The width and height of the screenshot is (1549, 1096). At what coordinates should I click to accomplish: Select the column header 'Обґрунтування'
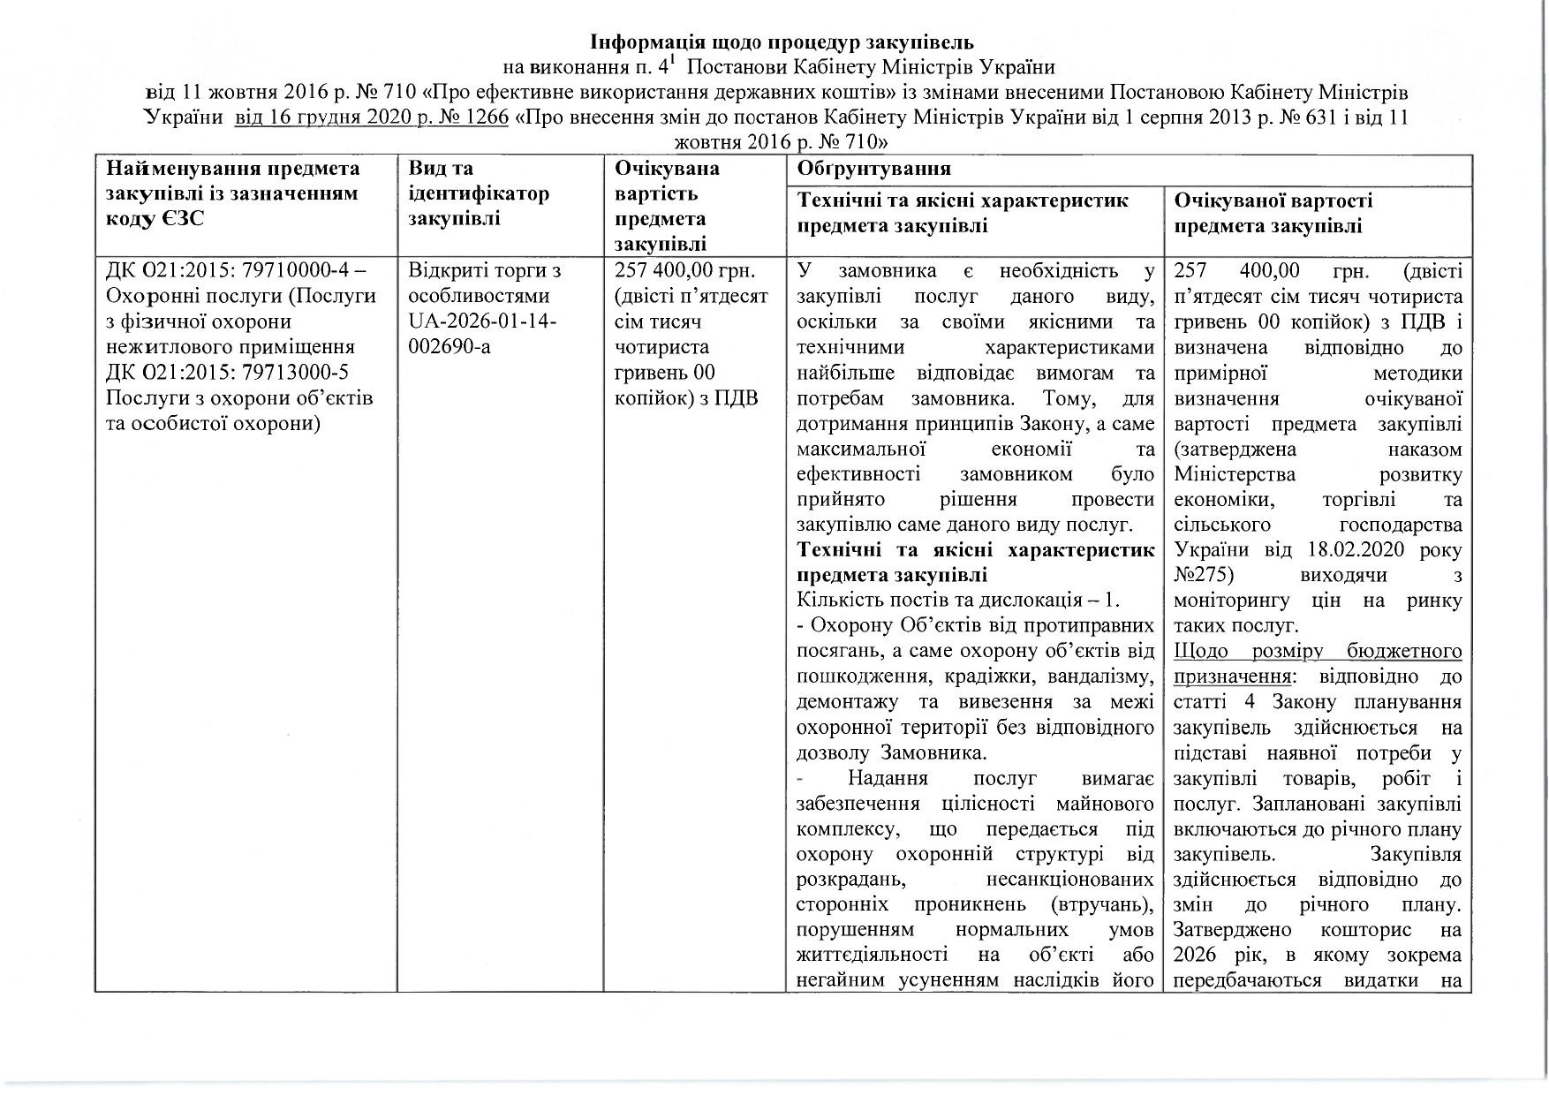pyautogui.click(x=873, y=169)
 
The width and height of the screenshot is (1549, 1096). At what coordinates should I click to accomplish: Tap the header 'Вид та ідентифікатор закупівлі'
pyautogui.click(x=479, y=193)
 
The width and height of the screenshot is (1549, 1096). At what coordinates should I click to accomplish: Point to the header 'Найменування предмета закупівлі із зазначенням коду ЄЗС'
pyautogui.click(x=233, y=193)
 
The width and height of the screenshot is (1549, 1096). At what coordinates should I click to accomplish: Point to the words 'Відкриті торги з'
pyautogui.click(x=485, y=270)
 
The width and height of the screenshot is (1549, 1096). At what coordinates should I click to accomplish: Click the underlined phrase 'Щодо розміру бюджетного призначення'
pyautogui.click(x=1318, y=664)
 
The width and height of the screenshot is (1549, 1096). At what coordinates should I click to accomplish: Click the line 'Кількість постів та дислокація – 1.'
pyautogui.click(x=957, y=601)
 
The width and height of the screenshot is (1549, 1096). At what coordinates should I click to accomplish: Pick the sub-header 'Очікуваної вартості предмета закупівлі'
pyautogui.click(x=1273, y=213)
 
